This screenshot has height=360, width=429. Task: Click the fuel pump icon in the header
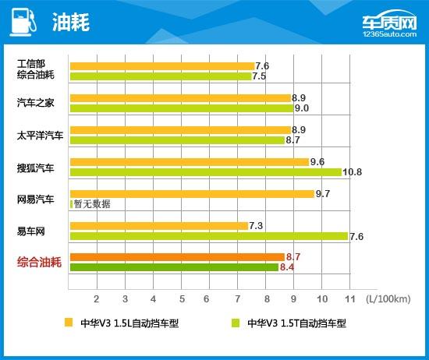[x=22, y=21]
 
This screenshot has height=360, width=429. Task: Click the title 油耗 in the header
[x=73, y=22]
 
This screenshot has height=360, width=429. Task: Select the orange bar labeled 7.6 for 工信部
[x=161, y=66]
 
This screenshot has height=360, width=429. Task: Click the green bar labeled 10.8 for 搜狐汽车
[x=205, y=172]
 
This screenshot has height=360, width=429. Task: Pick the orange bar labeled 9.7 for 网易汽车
[x=191, y=193]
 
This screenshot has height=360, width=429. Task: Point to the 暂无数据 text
[x=92, y=203]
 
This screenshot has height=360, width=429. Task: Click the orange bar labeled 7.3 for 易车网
[x=158, y=225]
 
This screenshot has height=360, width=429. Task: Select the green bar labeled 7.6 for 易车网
[x=208, y=235]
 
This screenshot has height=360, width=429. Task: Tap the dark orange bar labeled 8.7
[x=176, y=256]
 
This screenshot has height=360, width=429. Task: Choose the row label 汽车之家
[x=36, y=103]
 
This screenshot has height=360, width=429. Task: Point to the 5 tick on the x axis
[x=181, y=298]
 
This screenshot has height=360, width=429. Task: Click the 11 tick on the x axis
[x=349, y=298]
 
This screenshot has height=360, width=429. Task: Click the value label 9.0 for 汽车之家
[x=301, y=108]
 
